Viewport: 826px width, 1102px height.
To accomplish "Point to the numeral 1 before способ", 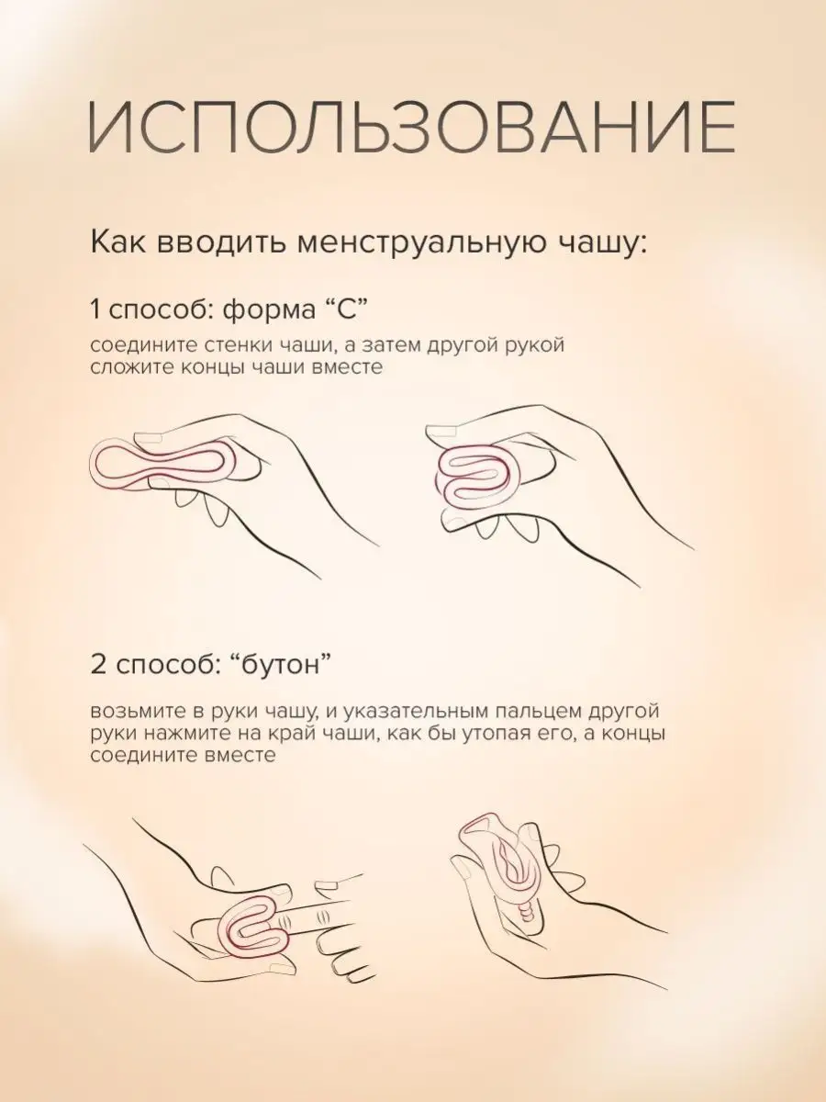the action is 95,309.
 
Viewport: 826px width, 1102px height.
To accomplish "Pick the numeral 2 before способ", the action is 98,665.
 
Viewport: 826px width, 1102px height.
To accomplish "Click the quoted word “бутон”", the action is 285,665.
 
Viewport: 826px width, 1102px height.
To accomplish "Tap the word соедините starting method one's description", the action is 132,345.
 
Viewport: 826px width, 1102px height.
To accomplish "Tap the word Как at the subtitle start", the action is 117,244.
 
